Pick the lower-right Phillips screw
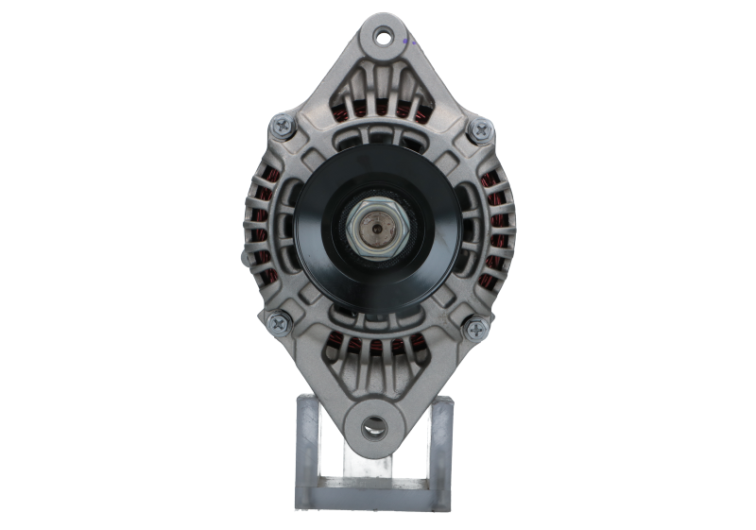coord(475,329)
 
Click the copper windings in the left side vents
coord(261,227)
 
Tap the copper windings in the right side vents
coord(497,227)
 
